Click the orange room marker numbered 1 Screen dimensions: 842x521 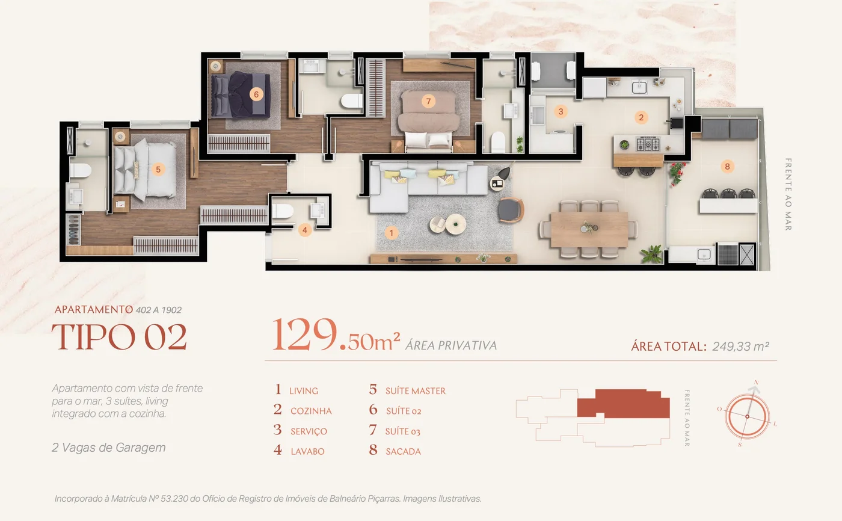(x=392, y=233)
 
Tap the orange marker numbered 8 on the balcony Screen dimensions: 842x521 (x=727, y=167)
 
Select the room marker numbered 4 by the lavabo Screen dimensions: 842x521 (x=305, y=230)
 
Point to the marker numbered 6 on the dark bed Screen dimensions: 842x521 (x=256, y=94)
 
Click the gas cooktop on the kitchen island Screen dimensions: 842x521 (x=648, y=144)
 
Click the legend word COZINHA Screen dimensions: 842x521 (x=311, y=411)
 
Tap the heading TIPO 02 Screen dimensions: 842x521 (x=119, y=337)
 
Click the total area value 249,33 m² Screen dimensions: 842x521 (x=740, y=346)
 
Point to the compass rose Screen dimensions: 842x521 (x=747, y=416)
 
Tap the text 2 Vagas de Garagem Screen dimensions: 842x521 (x=109, y=448)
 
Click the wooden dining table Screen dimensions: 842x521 (x=589, y=229)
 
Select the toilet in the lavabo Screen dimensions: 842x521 (x=282, y=211)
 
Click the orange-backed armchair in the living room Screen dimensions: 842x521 (x=511, y=210)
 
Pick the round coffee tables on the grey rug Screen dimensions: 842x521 (x=448, y=224)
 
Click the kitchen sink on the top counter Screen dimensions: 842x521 (x=639, y=87)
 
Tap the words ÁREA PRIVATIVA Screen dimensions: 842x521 (x=451, y=345)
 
